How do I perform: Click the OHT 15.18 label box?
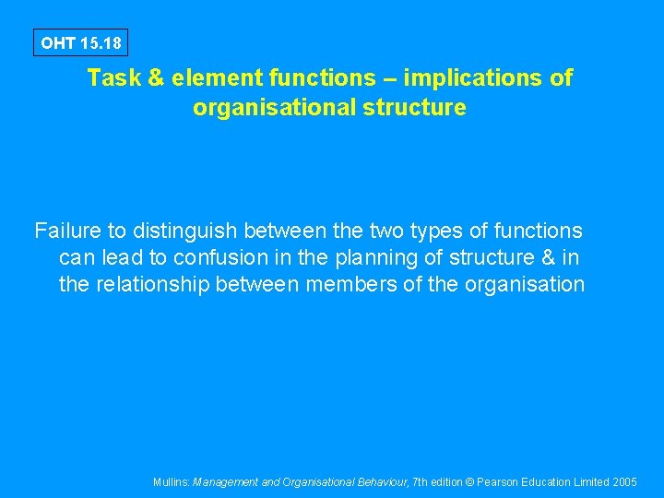(x=80, y=42)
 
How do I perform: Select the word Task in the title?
(x=112, y=78)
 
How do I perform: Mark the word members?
(x=351, y=285)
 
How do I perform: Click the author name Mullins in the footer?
(x=172, y=482)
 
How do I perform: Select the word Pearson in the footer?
(x=503, y=482)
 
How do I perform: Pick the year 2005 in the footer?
(x=624, y=482)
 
